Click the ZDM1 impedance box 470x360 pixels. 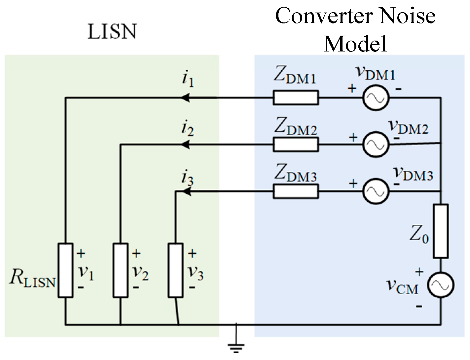[x=296, y=98]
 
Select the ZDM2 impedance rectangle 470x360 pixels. [x=296, y=145]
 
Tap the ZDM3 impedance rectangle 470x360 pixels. [x=296, y=191]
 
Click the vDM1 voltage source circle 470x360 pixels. [x=376, y=98]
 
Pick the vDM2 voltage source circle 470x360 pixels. [x=376, y=145]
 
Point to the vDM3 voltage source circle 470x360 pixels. [x=376, y=191]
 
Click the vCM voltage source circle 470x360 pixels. [x=441, y=285]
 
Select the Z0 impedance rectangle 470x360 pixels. [x=441, y=231]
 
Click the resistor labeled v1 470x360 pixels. [x=65, y=270]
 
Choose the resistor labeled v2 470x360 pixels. [x=120, y=270]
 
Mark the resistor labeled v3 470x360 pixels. [x=175, y=270]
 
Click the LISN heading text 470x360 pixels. [x=112, y=32]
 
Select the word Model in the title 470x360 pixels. [x=355, y=44]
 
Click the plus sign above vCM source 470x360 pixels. [x=419, y=272]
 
